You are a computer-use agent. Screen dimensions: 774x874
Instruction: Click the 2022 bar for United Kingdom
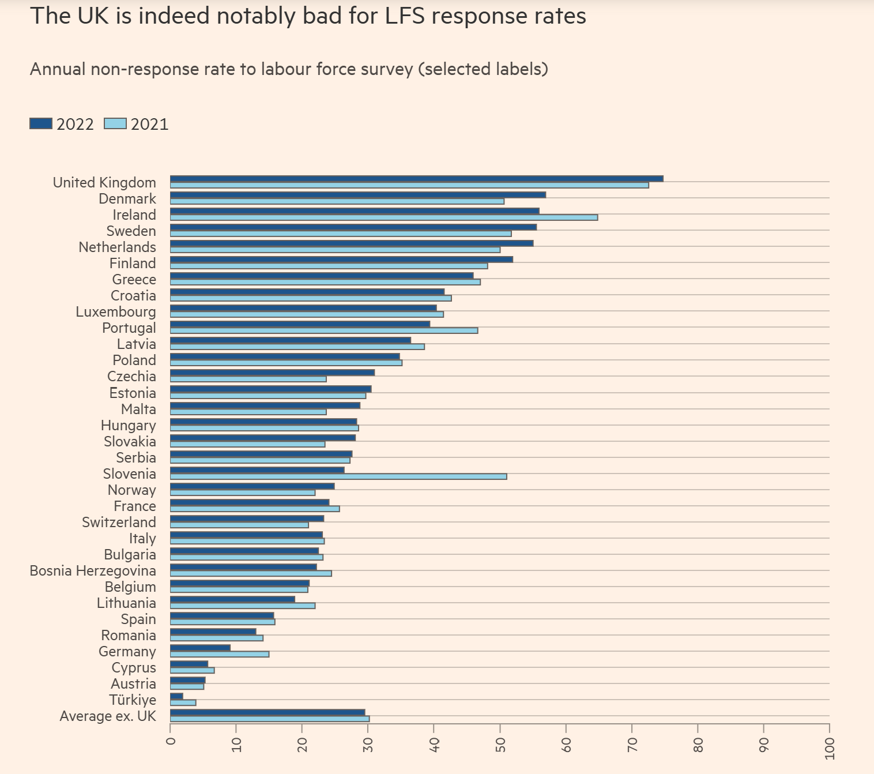(x=416, y=179)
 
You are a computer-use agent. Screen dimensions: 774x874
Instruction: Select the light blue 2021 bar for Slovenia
(x=338, y=476)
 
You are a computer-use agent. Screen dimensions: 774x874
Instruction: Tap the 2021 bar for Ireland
(x=383, y=217)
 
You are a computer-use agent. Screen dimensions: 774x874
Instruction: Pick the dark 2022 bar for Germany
(x=200, y=648)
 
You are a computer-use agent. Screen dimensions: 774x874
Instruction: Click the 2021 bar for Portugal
(x=323, y=330)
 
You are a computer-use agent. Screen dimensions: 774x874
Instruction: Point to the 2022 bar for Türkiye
(x=176, y=696)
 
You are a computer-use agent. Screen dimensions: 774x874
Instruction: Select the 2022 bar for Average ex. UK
(x=268, y=712)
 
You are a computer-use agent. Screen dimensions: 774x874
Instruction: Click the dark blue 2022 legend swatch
(x=41, y=124)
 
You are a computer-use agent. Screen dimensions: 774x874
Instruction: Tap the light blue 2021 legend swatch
(x=115, y=124)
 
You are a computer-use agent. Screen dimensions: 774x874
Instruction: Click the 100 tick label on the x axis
(x=830, y=749)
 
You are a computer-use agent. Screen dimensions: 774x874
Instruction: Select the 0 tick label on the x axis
(x=171, y=741)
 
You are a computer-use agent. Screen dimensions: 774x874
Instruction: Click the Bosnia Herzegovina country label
(x=93, y=571)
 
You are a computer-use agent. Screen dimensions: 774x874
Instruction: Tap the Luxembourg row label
(x=116, y=312)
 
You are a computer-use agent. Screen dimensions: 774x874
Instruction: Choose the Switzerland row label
(x=119, y=523)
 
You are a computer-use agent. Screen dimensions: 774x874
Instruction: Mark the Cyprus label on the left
(x=134, y=668)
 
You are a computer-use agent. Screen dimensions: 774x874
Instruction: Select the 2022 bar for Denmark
(x=357, y=195)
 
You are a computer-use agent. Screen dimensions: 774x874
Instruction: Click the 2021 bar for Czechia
(x=248, y=379)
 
